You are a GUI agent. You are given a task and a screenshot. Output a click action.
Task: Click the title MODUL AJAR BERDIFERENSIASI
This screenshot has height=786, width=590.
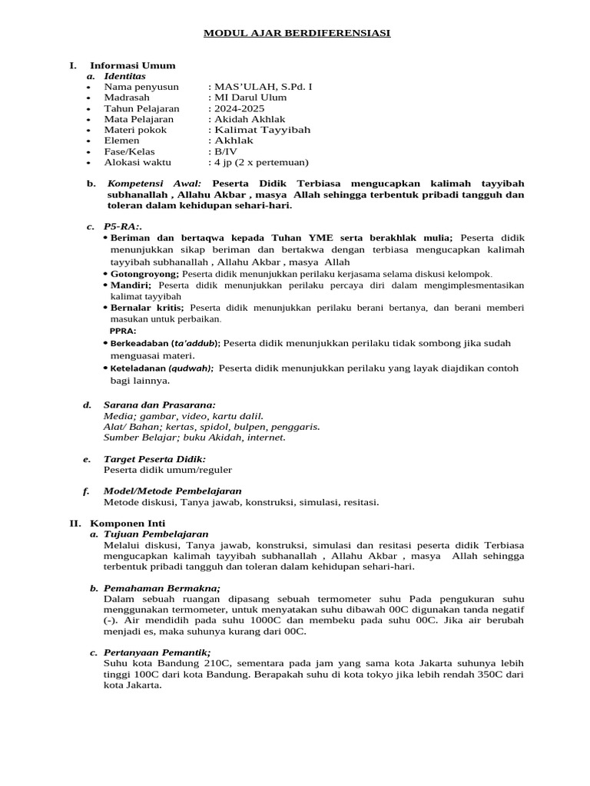click(x=297, y=33)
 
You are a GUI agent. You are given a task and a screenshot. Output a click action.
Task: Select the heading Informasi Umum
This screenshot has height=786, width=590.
click(x=132, y=65)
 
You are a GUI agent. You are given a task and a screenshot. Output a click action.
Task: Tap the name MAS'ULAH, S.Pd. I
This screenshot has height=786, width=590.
click(x=260, y=87)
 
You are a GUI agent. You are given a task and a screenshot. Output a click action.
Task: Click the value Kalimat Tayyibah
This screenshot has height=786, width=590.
click(x=260, y=130)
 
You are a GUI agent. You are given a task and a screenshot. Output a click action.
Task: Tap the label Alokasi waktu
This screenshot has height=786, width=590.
click(x=138, y=162)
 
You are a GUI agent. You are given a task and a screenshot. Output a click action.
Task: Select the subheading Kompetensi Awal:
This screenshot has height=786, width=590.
click(x=154, y=184)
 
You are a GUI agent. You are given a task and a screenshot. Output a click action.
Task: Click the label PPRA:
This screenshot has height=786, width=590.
click(x=124, y=331)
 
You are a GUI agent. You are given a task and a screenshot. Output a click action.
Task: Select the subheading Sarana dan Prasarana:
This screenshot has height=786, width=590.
click(x=159, y=405)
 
